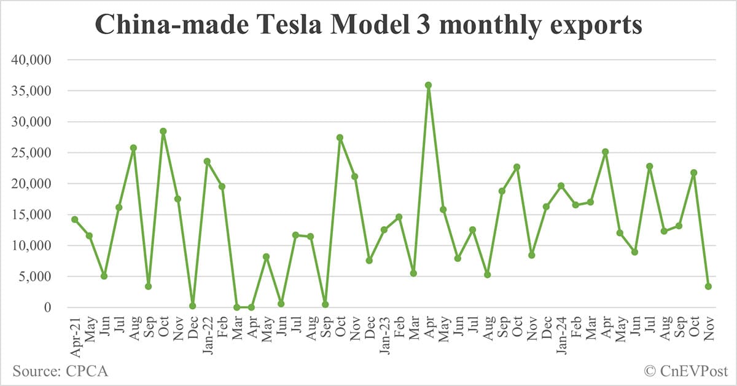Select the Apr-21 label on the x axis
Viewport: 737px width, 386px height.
coord(74,333)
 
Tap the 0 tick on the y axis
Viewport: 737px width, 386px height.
coord(51,307)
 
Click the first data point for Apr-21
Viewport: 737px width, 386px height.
coord(74,219)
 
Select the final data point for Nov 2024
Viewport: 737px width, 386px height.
coord(708,286)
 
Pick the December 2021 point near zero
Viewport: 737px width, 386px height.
coord(192,305)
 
